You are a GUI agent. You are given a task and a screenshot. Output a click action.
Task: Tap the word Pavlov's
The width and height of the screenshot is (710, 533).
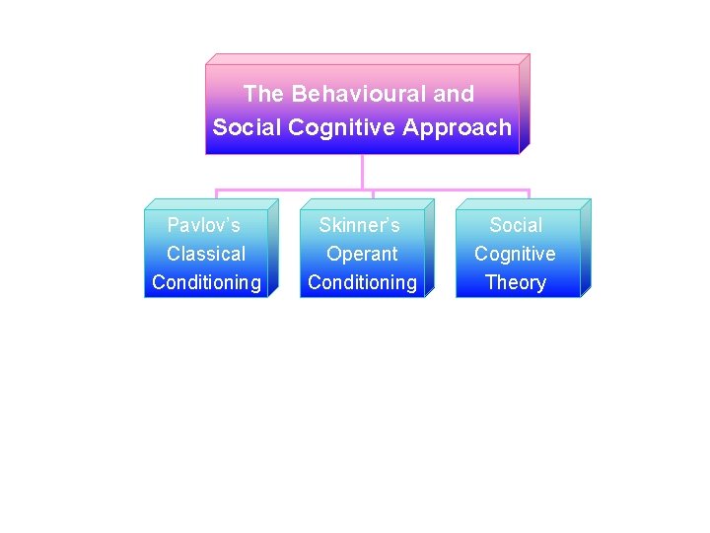(204, 226)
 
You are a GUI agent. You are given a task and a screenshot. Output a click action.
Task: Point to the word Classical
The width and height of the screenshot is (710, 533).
(206, 254)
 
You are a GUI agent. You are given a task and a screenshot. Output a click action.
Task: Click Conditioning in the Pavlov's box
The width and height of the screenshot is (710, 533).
(206, 282)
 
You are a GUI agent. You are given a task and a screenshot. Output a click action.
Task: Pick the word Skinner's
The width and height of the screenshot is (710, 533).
(359, 226)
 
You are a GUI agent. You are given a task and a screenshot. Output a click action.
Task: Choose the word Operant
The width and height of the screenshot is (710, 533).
(362, 254)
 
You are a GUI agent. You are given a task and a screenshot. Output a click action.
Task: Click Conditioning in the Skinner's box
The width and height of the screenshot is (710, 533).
(362, 282)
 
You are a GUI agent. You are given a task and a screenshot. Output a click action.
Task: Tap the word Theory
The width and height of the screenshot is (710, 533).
(515, 282)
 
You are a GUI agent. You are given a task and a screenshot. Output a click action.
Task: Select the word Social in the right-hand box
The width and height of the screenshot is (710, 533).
(515, 226)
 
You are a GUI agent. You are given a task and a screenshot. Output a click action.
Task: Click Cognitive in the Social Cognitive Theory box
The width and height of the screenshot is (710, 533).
(515, 254)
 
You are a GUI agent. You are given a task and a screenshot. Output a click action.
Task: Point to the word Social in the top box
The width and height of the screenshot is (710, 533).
(240, 128)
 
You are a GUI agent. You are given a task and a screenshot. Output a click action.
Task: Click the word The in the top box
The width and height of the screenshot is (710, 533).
(262, 95)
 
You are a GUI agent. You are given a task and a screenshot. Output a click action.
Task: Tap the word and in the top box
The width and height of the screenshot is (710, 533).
(454, 95)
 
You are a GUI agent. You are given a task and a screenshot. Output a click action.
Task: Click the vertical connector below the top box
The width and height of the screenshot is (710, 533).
(363, 172)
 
